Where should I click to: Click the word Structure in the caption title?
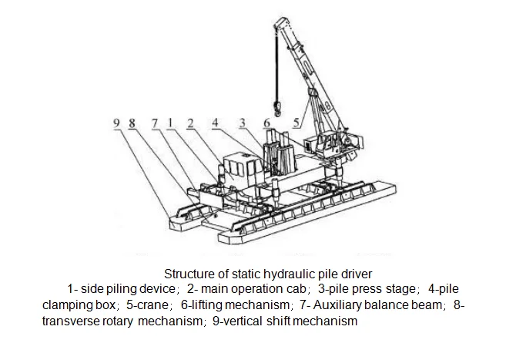188,274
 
